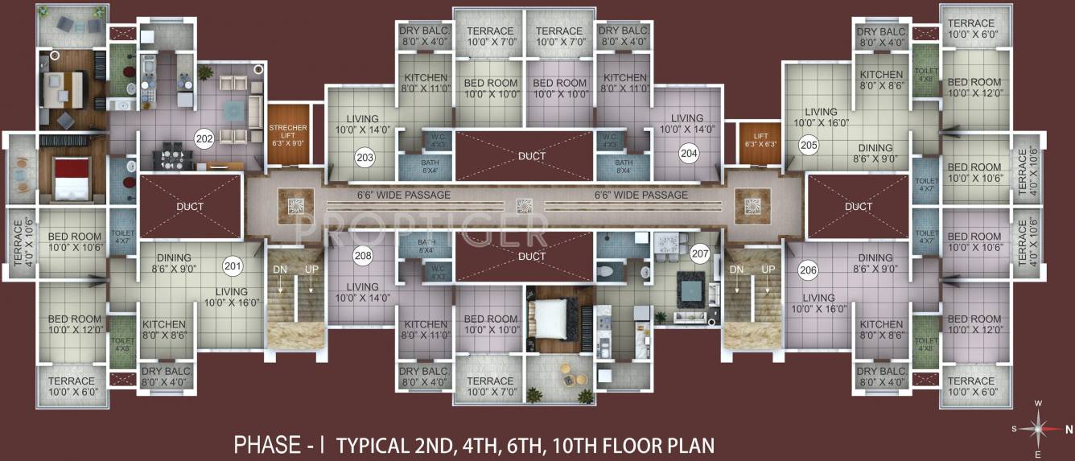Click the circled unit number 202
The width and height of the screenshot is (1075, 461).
click(x=204, y=138)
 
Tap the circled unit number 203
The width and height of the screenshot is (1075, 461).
click(x=365, y=156)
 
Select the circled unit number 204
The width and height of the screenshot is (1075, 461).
click(x=688, y=151)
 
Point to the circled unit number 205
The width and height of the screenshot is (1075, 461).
click(x=809, y=146)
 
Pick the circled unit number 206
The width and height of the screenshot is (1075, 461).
click(x=809, y=270)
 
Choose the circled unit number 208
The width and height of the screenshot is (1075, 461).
click(x=363, y=257)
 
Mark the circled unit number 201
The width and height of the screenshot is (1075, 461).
click(x=233, y=266)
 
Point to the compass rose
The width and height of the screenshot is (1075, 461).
click(x=1040, y=428)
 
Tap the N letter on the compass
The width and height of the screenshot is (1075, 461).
click(x=1069, y=429)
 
